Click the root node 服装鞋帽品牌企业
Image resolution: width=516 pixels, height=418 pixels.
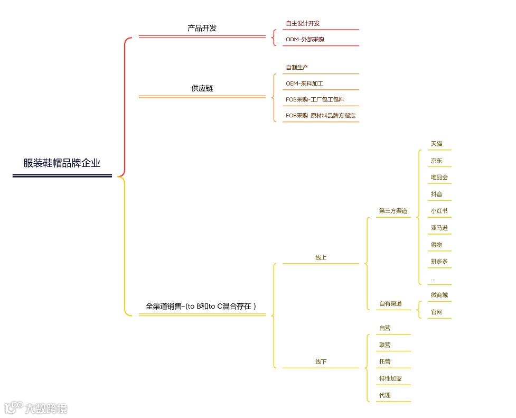point(62,163)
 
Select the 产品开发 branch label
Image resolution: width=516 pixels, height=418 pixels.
point(202,28)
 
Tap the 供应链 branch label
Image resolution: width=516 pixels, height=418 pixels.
point(202,88)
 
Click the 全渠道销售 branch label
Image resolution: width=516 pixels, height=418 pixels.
point(201,306)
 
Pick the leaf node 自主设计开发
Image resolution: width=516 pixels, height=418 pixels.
point(303,23)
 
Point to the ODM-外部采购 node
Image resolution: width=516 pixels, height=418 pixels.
point(305,40)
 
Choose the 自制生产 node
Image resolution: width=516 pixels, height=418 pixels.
point(297,68)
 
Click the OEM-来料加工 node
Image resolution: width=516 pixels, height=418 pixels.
point(304,83)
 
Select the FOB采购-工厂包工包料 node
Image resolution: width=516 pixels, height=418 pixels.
point(315,99)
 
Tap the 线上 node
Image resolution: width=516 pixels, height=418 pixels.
point(321,257)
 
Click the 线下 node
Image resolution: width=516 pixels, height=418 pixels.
point(321,362)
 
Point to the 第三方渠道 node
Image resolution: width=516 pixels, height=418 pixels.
point(393,211)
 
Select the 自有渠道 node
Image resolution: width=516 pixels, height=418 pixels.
point(390,304)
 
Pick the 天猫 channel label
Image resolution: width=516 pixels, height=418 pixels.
point(436,144)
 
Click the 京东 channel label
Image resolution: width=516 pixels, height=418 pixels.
point(436,161)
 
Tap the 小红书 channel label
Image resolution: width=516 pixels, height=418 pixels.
point(439,211)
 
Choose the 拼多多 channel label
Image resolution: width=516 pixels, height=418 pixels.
point(439,262)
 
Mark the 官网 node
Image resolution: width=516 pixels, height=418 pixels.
point(436,312)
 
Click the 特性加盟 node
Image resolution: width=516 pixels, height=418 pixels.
point(390,379)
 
